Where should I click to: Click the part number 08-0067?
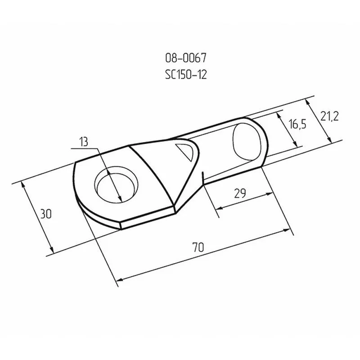(x=186, y=58)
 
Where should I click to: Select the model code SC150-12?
(x=186, y=75)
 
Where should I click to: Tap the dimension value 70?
(x=198, y=247)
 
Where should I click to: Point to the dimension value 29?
(x=240, y=193)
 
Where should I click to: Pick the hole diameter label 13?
(x=83, y=142)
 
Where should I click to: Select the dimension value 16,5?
(x=297, y=125)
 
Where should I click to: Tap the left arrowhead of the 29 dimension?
(x=218, y=208)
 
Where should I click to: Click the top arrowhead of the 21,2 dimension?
(x=310, y=101)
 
